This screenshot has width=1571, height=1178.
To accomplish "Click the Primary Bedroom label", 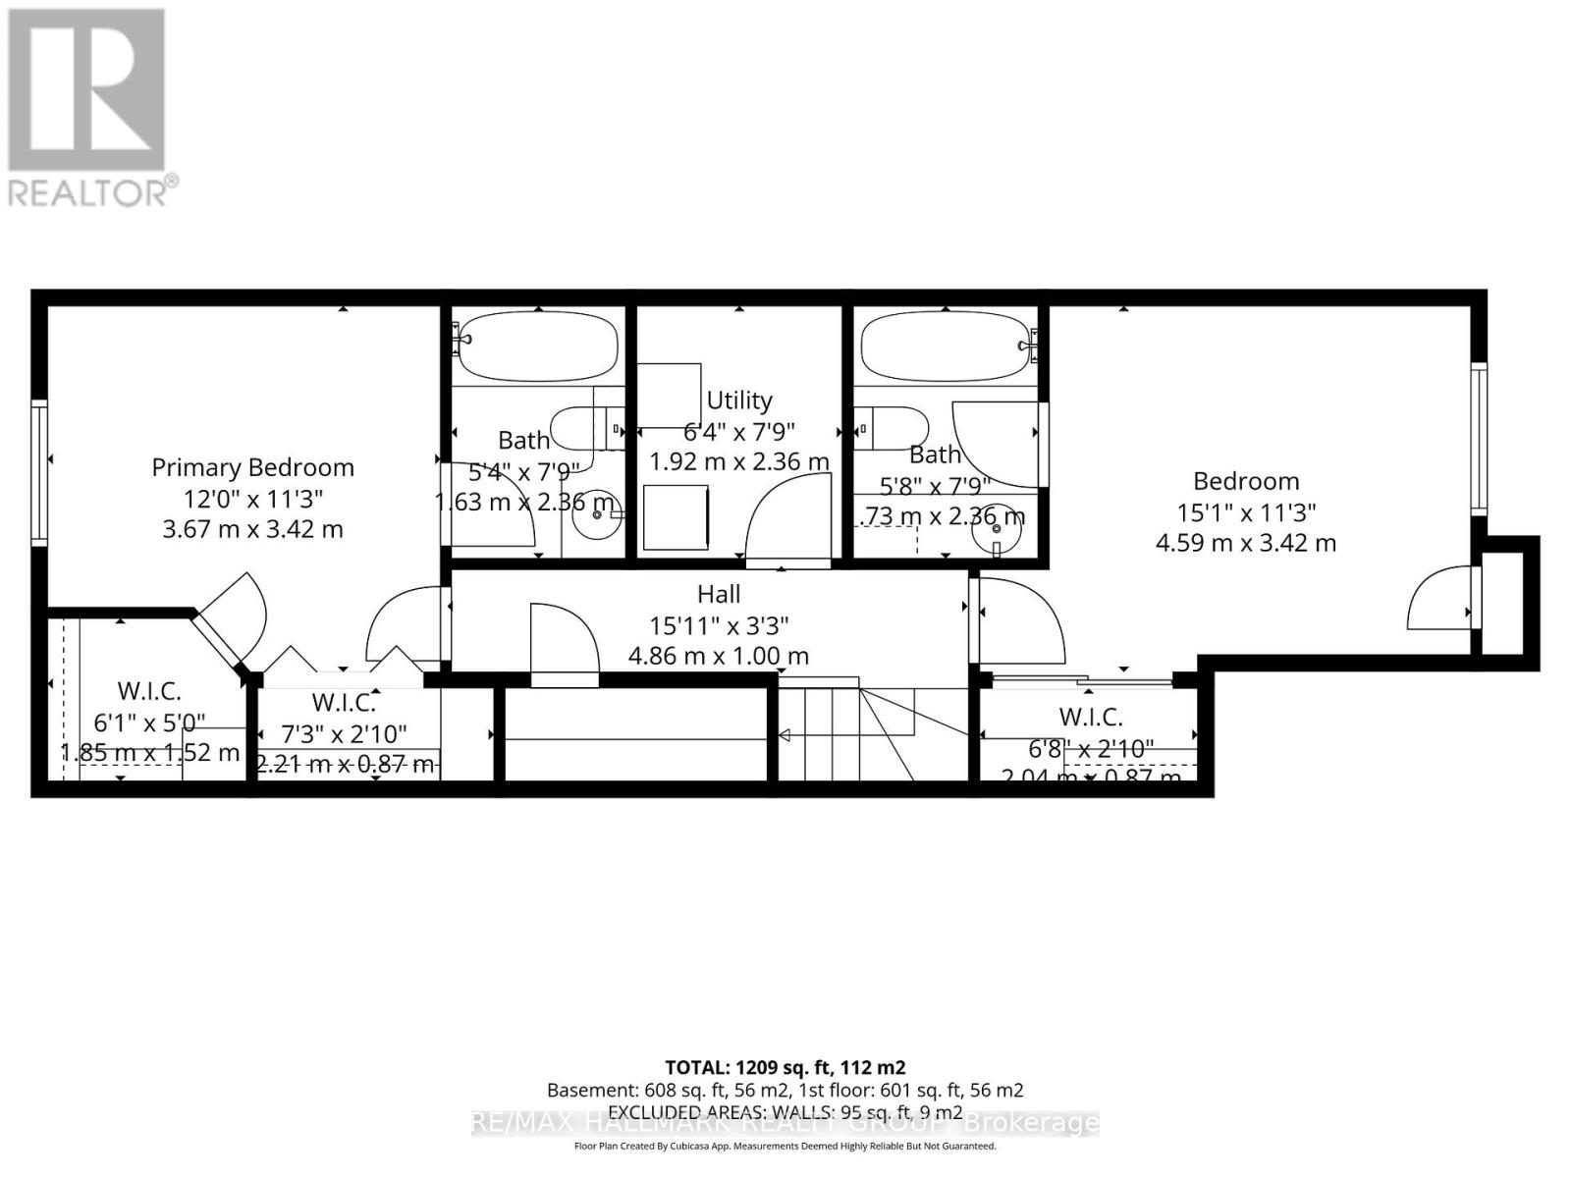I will click(x=252, y=467).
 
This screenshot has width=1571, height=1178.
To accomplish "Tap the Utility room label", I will click(x=738, y=401).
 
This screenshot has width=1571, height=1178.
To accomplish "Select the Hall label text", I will click(x=719, y=594).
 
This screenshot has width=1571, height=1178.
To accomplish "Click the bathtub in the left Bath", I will click(x=537, y=347).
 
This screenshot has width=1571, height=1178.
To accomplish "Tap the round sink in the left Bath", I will click(x=597, y=513).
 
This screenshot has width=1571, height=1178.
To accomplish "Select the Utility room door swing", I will click(x=788, y=520).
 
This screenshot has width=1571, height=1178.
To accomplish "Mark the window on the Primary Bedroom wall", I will click(x=39, y=472).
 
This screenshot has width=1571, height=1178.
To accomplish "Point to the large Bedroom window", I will click(x=1478, y=438).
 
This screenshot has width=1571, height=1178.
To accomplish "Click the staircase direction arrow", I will click(x=785, y=734).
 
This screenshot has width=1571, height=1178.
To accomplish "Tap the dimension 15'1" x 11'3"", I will click(x=1246, y=512).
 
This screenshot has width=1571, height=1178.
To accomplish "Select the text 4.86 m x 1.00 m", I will click(x=719, y=656).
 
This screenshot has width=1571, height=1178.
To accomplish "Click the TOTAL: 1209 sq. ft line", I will click(x=785, y=1067).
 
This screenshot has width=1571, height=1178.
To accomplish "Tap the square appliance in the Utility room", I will click(x=676, y=516).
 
